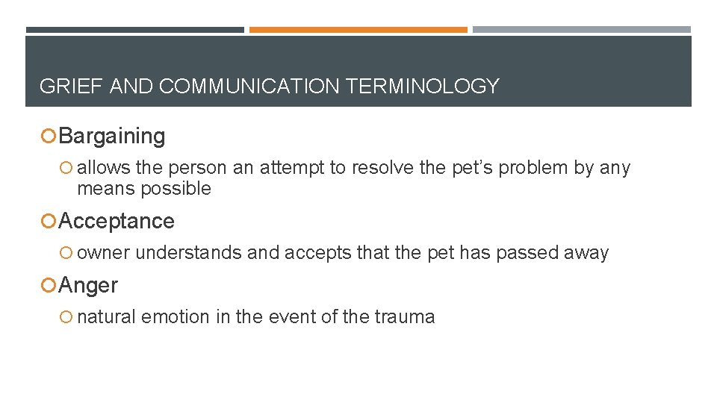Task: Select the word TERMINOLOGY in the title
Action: (422, 87)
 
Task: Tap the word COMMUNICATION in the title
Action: (249, 87)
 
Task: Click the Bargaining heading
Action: (112, 137)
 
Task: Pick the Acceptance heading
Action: (117, 222)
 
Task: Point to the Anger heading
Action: (88, 286)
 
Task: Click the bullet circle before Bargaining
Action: (49, 137)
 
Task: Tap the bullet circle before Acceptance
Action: (49, 222)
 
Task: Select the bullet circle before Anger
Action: (49, 286)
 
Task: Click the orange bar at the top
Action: (358, 30)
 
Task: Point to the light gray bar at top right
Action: (582, 30)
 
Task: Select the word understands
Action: (189, 253)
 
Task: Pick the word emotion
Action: (176, 317)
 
